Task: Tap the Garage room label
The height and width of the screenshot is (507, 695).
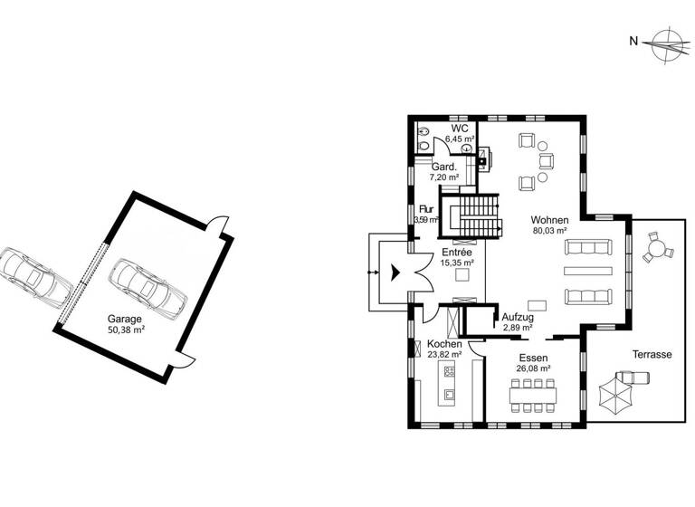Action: pos(125,320)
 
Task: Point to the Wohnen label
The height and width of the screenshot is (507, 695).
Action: pos(549,220)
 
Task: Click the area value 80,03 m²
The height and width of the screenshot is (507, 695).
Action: pos(549,231)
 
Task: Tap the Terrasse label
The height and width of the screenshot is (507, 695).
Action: pos(652,355)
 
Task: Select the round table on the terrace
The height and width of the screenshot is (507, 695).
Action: pos(658,248)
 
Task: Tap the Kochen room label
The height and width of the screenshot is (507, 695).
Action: pos(444,345)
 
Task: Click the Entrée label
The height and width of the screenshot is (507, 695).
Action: pos(457,253)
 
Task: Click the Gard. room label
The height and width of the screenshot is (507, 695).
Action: pos(443,167)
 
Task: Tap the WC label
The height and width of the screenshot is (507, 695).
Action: pos(460,129)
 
